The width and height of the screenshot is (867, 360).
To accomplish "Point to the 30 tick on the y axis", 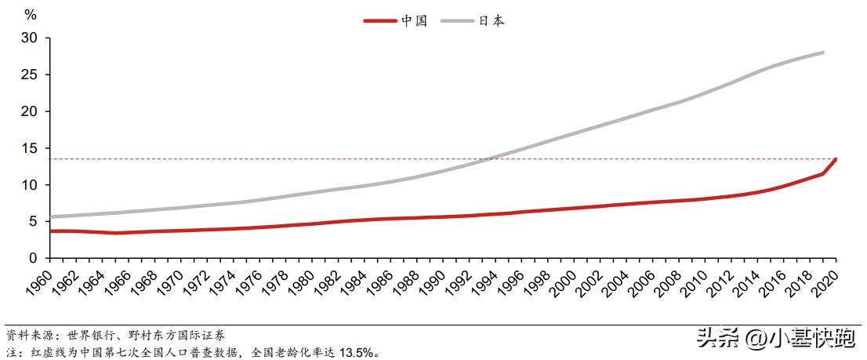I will click(30, 38).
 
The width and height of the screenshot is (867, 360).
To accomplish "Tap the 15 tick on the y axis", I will click(30, 148).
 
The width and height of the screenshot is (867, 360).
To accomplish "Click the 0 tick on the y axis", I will click(34, 258).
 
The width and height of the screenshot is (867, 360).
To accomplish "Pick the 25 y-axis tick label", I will click(30, 75).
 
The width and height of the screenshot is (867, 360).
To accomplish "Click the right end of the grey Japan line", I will click(823, 53).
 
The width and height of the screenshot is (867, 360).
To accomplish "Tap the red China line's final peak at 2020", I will click(836, 159).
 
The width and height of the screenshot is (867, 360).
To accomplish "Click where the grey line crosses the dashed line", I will click(487, 159).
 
